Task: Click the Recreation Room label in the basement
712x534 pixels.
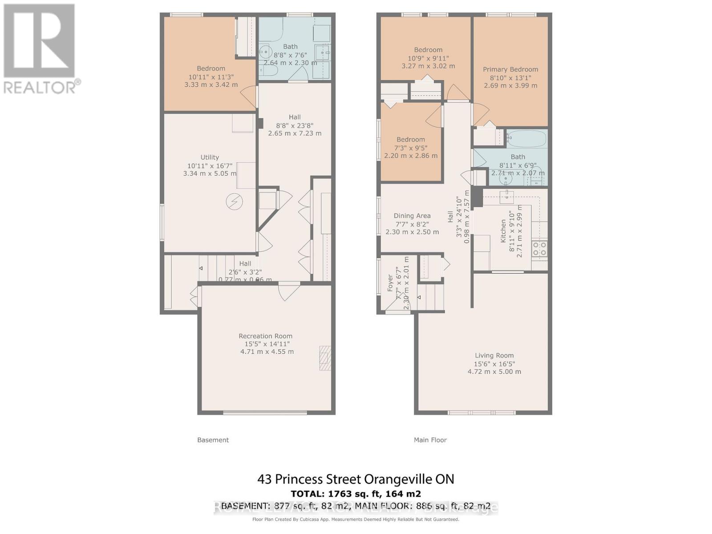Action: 265,336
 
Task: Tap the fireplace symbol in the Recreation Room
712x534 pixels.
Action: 325,358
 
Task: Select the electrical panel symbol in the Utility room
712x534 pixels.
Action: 234,202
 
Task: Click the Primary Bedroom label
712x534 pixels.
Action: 510,69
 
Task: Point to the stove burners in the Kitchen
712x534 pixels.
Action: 539,249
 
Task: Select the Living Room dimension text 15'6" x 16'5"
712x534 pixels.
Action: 494,364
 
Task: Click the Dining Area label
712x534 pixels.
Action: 412,216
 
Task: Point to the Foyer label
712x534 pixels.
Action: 390,283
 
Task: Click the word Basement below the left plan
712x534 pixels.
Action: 213,440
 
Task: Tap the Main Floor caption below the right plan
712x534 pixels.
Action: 430,440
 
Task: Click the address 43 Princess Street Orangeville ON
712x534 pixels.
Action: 356,479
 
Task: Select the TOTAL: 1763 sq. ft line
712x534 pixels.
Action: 356,494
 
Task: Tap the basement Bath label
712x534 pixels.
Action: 290,46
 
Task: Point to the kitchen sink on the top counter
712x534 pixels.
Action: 506,196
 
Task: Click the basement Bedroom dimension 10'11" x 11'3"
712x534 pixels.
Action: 211,77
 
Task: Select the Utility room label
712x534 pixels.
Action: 210,157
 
